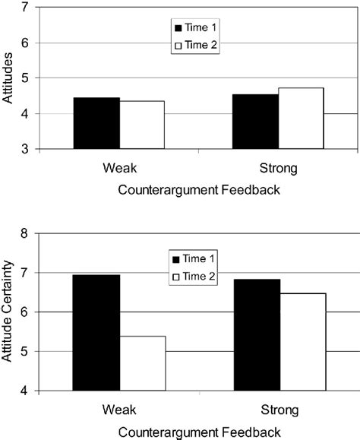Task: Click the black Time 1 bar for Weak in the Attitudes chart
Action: [x=96, y=123]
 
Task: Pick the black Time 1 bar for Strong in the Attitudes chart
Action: [x=255, y=122]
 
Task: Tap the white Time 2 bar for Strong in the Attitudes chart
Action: [x=301, y=119]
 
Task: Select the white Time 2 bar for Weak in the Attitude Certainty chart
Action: [x=142, y=363]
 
